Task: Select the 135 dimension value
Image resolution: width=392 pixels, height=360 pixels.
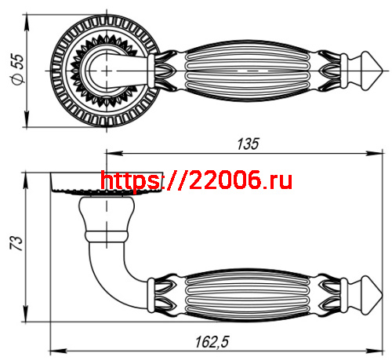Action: pos(247,144)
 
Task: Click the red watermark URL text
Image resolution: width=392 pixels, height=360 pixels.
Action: pos(197,181)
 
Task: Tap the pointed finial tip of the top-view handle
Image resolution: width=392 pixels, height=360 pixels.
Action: pos(382,71)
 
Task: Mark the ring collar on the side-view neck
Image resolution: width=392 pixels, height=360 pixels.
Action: pos(105,233)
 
